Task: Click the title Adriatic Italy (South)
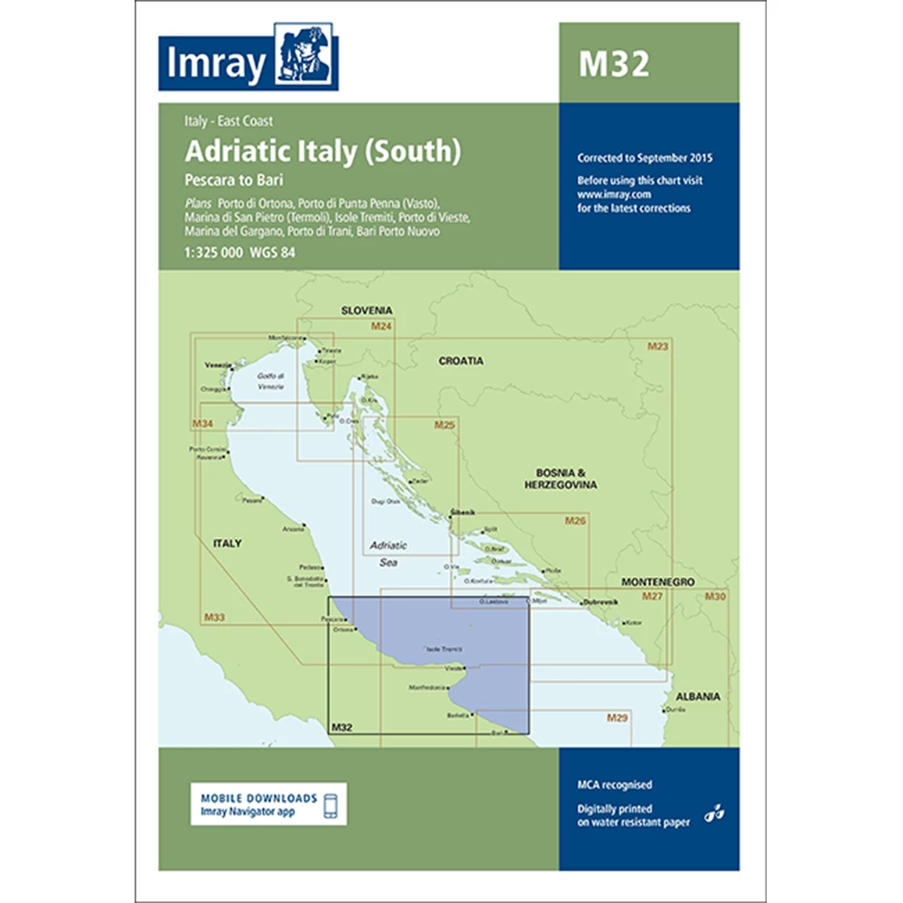(x=323, y=150)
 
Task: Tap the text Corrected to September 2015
(x=646, y=158)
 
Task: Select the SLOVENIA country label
(x=367, y=311)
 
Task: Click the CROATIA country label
(x=461, y=361)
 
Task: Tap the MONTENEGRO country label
(x=656, y=583)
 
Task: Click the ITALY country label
(x=227, y=544)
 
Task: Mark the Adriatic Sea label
(x=389, y=553)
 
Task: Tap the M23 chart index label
(x=657, y=347)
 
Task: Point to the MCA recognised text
(x=615, y=786)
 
